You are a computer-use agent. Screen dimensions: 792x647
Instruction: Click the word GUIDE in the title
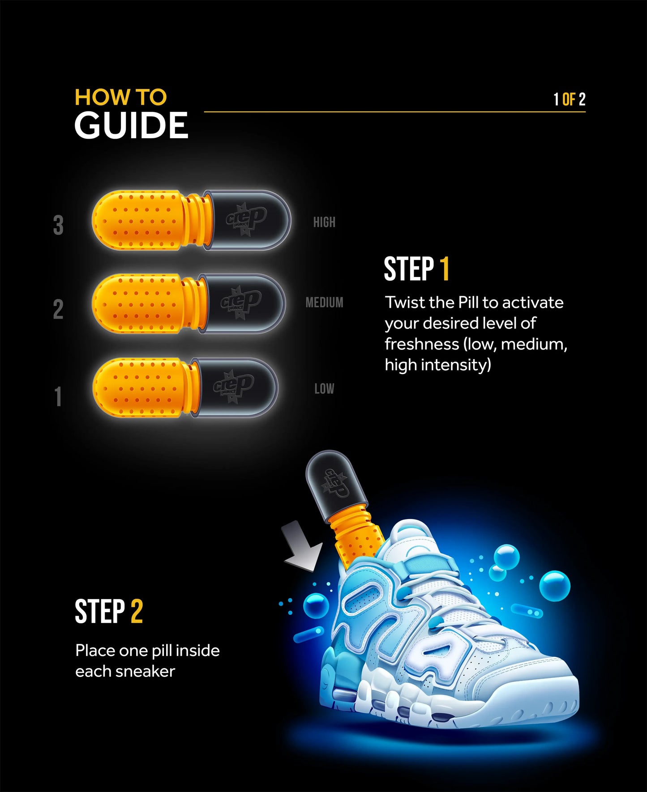pyautogui.click(x=131, y=125)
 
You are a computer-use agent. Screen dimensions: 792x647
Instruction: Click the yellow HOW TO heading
pyautogui.click(x=120, y=97)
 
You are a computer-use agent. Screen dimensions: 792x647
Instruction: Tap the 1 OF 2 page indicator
pyautogui.click(x=569, y=99)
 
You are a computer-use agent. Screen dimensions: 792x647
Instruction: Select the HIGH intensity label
pyautogui.click(x=324, y=222)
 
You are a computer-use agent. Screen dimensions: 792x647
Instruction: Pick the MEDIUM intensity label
pyautogui.click(x=324, y=302)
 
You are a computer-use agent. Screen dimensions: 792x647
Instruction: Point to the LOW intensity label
pyautogui.click(x=324, y=388)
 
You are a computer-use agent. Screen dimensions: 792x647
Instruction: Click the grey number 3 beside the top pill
pyautogui.click(x=58, y=225)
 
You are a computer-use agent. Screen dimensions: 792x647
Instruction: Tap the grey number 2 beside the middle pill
pyautogui.click(x=58, y=309)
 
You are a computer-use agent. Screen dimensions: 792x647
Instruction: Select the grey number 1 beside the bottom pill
pyautogui.click(x=58, y=396)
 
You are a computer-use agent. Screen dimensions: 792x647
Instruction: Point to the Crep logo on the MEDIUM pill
pyautogui.click(x=241, y=302)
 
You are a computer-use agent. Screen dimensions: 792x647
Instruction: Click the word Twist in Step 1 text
pyautogui.click(x=402, y=302)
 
